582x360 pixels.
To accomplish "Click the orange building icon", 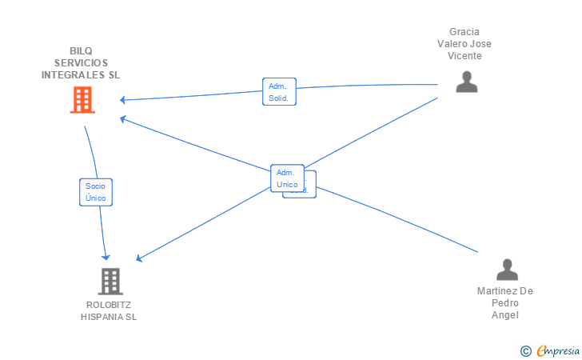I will coord(82,100).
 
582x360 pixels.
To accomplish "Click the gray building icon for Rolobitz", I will coord(110,281).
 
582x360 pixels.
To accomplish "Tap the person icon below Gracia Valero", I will coord(466,82).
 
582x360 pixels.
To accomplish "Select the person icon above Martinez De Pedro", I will coord(507,270).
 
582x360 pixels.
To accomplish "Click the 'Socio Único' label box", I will coord(95,192).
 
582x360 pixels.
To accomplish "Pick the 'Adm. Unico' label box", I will coord(287,178).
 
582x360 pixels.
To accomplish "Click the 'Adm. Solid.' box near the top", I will coord(279,92).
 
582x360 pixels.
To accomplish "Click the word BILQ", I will coord(82,51).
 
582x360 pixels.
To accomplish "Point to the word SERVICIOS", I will coord(82,63).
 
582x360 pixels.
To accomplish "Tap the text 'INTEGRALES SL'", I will coord(82,74).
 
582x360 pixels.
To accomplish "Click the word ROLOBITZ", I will coord(109,305).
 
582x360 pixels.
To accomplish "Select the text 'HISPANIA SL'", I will coord(109,317).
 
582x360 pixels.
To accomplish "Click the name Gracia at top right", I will coord(464,32).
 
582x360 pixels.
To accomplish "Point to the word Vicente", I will coord(464,56).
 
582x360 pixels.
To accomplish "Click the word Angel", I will coord(505,315).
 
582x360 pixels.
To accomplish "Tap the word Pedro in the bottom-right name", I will coord(505,303).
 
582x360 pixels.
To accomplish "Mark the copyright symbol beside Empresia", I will coord(525,350).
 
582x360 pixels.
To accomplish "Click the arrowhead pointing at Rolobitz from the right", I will coord(139,258).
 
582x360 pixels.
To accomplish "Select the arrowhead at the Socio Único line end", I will coord(106,256).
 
